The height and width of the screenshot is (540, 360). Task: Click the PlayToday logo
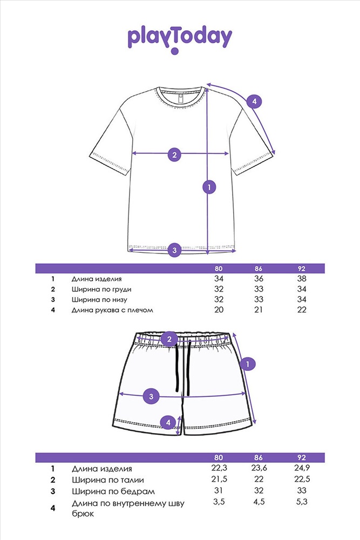tap(180, 39)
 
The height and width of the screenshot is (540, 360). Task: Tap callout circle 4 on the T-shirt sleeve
tap(254, 102)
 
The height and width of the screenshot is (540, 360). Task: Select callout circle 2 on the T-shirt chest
tap(174, 154)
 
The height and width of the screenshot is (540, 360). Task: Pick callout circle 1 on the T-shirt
tap(209, 187)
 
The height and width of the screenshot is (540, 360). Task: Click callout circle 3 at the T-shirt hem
tap(174, 249)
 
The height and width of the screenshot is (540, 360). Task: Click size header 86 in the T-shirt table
tap(259, 268)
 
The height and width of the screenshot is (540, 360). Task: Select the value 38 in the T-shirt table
tap(302, 279)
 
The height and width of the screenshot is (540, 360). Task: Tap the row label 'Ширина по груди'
tap(101, 289)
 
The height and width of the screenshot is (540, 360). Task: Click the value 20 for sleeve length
tap(219, 309)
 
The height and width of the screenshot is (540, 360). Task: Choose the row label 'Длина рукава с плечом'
tap(112, 310)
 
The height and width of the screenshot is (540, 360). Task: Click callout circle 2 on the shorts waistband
tap(169, 339)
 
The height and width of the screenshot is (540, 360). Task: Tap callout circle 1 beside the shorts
tap(248, 363)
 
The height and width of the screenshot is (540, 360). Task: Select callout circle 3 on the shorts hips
tap(151, 396)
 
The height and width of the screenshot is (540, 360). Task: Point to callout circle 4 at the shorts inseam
tap(168, 422)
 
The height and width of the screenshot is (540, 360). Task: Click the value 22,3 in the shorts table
tap(219, 468)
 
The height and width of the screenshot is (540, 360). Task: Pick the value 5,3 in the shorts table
tap(302, 502)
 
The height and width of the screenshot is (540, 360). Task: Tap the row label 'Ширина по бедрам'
tap(113, 491)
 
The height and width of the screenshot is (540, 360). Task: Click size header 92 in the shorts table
tap(302, 458)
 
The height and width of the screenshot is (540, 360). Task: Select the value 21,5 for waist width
tap(219, 479)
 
